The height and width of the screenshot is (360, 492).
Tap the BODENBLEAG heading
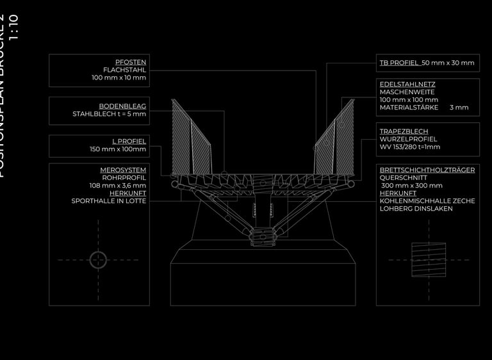pos(122,106)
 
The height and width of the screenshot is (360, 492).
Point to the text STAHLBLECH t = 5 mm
pos(110,114)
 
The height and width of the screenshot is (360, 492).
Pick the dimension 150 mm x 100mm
pos(118,149)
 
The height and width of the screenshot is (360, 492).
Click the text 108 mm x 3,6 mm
pos(118,185)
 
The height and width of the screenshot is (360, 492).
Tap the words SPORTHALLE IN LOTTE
pos(109,200)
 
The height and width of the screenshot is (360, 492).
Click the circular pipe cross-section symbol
pos(98,259)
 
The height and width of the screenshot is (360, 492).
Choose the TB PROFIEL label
pos(399,63)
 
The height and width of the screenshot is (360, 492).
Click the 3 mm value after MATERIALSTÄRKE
pos(459,108)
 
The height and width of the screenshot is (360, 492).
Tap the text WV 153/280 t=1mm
pos(410,147)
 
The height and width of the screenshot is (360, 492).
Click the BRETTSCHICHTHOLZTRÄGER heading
pos(427,170)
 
